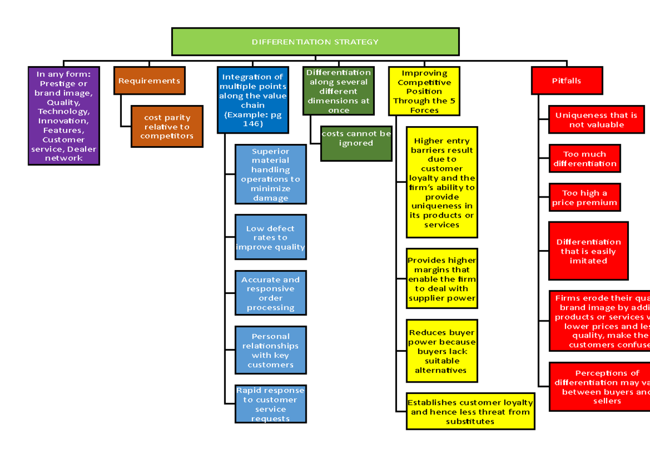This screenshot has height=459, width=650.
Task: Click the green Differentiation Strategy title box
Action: click(x=315, y=42)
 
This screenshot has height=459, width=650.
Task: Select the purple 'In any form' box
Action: click(x=64, y=116)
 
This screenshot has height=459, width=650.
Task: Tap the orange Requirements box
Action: click(x=149, y=81)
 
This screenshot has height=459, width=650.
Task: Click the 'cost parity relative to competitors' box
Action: click(x=167, y=127)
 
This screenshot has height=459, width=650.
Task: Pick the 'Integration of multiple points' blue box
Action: click(x=253, y=100)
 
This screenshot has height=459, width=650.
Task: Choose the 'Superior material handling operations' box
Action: click(x=270, y=174)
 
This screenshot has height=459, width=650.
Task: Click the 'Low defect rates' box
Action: click(x=270, y=237)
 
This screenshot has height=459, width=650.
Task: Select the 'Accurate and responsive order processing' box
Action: click(x=270, y=293)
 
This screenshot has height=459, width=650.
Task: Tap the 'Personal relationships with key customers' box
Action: click(x=270, y=350)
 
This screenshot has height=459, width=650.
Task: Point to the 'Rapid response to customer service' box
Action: click(x=270, y=404)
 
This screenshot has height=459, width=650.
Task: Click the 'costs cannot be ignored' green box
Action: click(x=356, y=138)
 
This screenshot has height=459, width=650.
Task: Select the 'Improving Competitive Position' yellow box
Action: click(x=424, y=91)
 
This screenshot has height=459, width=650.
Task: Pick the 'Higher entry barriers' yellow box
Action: click(x=442, y=182)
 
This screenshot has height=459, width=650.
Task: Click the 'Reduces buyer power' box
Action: click(x=442, y=351)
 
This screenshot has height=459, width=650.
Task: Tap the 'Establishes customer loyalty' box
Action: click(x=470, y=411)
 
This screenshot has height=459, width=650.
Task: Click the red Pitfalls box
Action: click(x=567, y=81)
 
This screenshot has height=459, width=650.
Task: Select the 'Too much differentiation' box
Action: click(x=584, y=159)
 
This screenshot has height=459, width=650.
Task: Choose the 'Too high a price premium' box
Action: click(x=584, y=198)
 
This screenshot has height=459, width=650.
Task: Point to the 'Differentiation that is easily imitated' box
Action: click(x=588, y=251)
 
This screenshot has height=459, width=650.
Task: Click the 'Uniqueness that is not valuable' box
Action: click(x=596, y=120)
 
